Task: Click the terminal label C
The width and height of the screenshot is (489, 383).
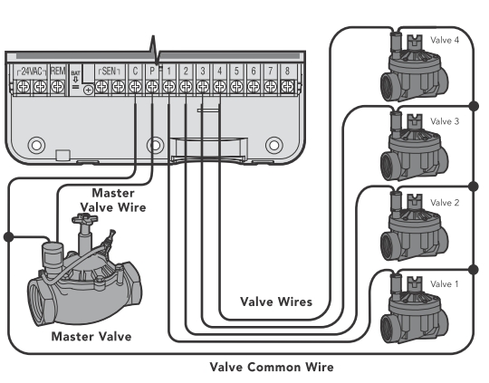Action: point(135,72)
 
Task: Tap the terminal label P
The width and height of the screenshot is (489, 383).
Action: point(152,72)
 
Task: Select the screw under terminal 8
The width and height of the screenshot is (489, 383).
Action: point(287,86)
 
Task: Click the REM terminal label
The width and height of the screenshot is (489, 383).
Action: point(57,72)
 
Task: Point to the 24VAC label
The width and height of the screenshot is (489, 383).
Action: point(32,72)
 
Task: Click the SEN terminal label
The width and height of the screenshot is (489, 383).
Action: point(110,72)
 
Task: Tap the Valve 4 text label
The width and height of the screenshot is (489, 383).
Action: point(445,40)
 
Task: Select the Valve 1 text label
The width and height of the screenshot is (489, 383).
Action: point(445,284)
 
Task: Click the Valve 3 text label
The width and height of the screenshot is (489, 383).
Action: point(445,121)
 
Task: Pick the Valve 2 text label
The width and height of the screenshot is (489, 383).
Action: point(445,203)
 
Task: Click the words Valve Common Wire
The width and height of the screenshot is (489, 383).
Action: point(272,367)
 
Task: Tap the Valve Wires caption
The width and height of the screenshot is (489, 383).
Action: point(276,302)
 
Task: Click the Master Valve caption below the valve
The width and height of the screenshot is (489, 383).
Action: point(91,337)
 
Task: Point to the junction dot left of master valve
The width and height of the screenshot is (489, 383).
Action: point(9,237)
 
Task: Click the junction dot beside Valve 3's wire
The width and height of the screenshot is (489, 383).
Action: point(474,106)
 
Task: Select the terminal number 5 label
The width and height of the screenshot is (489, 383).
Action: point(236,72)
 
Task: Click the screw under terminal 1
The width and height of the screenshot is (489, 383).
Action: point(168,86)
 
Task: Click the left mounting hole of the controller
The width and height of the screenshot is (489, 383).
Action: point(36,145)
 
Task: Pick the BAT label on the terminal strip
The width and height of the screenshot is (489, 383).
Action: point(75,73)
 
